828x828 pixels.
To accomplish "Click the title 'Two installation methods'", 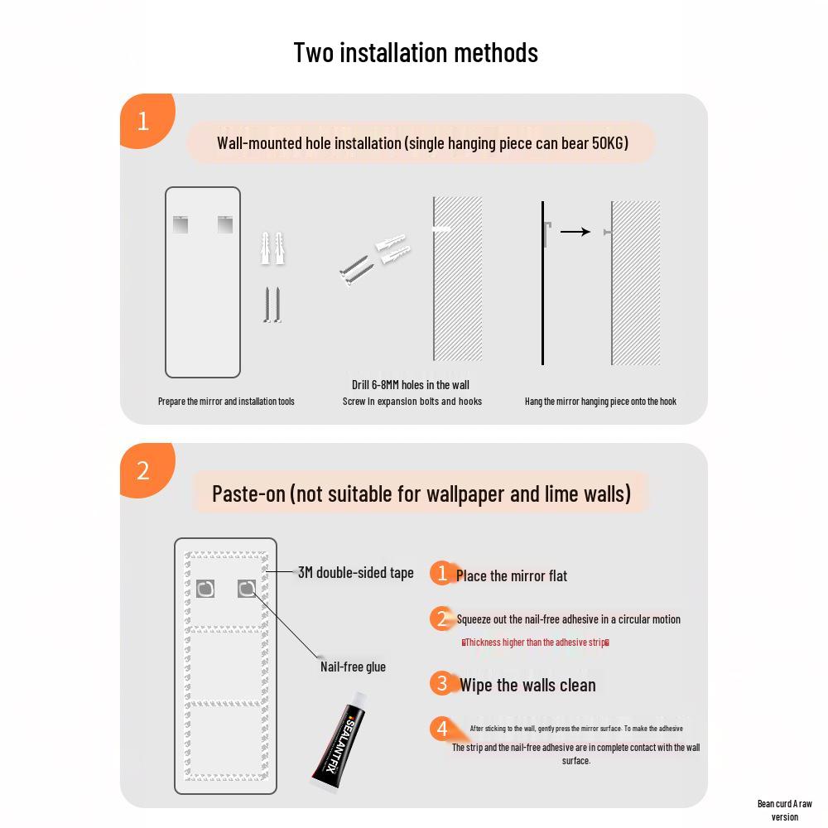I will tap(416, 52).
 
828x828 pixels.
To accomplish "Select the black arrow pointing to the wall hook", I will tap(575, 232).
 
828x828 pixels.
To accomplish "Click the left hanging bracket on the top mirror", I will tap(181, 224).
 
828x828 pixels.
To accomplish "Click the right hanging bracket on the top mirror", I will tap(225, 224).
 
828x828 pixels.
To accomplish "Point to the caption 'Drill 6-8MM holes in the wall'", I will tap(411, 385).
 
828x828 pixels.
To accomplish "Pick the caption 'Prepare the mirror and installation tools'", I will tap(226, 402).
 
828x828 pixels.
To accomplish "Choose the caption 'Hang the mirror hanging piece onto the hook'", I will tap(600, 402).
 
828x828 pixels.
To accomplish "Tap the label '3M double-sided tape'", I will tap(356, 573).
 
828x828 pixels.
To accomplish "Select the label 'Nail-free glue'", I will tap(353, 667).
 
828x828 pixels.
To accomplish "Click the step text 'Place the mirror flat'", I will tap(512, 576).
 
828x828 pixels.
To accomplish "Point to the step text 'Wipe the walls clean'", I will tap(527, 685).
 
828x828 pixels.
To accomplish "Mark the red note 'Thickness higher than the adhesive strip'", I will tap(536, 643).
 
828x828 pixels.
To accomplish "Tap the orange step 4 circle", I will tap(442, 729).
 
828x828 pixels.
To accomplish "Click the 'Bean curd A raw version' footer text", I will tap(784, 810).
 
